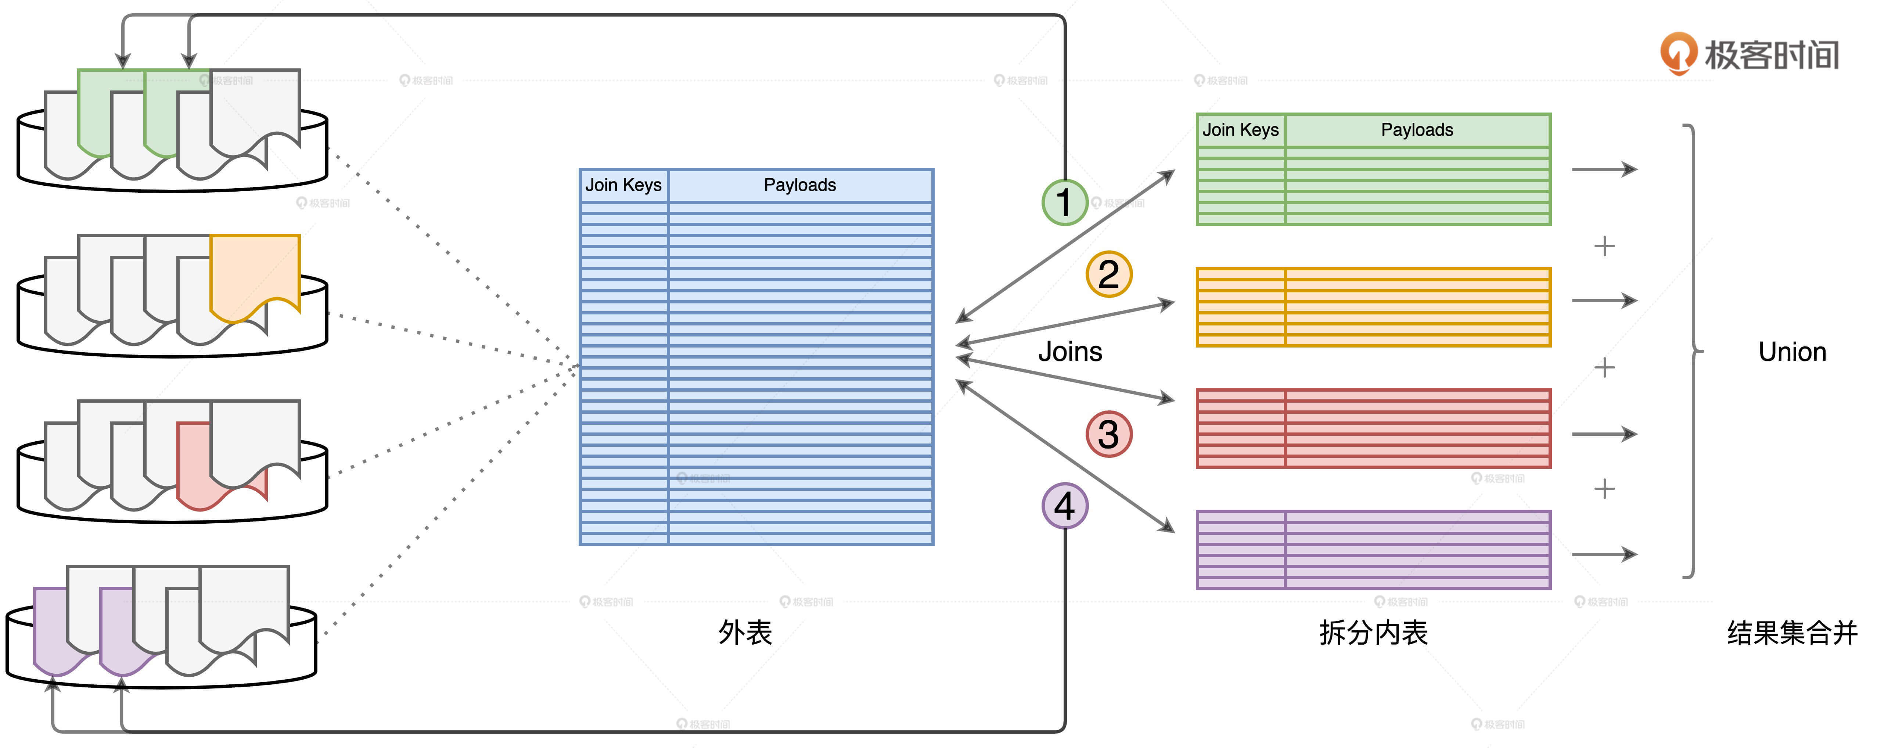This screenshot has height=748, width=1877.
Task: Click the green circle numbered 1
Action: coord(1065,202)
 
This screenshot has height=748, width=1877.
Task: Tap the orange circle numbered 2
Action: coord(1108,274)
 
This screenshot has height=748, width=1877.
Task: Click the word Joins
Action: coord(1069,352)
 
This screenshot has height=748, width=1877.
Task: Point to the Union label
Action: coord(1792,352)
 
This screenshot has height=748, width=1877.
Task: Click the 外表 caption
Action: coord(745,632)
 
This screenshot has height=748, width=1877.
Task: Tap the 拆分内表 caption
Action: coord(1373,632)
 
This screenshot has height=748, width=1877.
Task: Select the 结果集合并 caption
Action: coord(1792,632)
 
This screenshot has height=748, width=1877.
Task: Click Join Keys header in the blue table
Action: coord(624,185)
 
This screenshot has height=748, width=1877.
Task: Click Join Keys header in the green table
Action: coord(1240,130)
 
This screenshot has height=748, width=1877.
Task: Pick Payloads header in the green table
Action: coord(1417,130)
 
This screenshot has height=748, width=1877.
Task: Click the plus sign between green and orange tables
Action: coord(1604,246)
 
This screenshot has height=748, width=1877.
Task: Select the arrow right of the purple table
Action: coord(1604,554)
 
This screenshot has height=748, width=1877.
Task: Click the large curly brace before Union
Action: coord(1694,352)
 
